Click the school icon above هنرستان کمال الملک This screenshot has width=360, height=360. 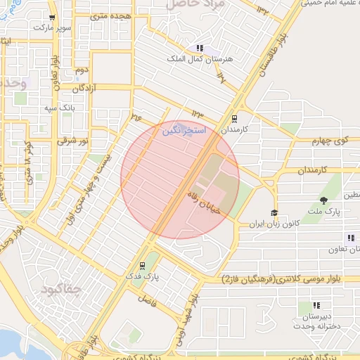pyautogui.click(x=200, y=48)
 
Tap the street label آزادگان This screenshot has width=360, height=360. pyautogui.click(x=84, y=88)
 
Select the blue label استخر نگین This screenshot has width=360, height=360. pyautogui.click(x=184, y=131)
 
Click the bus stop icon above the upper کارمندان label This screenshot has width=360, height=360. pyautogui.click(x=234, y=119)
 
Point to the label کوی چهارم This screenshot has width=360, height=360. pyautogui.click(x=330, y=141)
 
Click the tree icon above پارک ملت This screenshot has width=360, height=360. pyautogui.click(x=323, y=201)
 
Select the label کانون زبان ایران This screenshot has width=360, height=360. pyautogui.click(x=274, y=224)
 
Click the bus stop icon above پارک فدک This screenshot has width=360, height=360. pyautogui.click(x=143, y=266)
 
